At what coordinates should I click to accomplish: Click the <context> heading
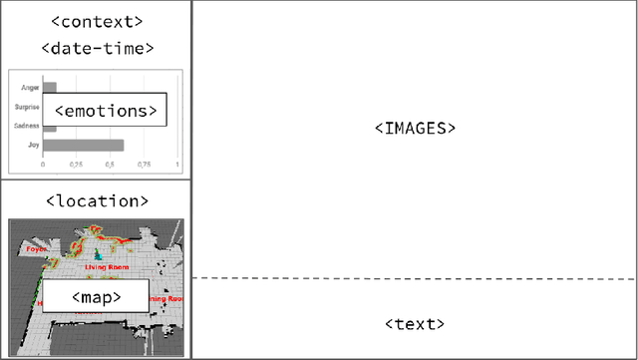tap(95, 20)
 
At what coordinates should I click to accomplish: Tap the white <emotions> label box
tap(105, 111)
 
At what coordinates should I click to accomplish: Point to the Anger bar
tap(50, 88)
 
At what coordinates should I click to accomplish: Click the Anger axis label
tap(31, 88)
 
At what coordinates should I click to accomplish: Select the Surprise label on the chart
tap(27, 107)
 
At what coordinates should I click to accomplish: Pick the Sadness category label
tap(27, 127)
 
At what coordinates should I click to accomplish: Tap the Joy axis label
tap(34, 146)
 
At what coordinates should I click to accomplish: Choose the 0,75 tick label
tap(144, 165)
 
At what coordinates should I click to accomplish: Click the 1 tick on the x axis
tap(177, 165)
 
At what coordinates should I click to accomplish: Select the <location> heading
tap(96, 201)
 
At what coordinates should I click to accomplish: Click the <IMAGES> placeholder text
tap(414, 129)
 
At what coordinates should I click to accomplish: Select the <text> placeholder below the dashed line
tap(414, 324)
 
